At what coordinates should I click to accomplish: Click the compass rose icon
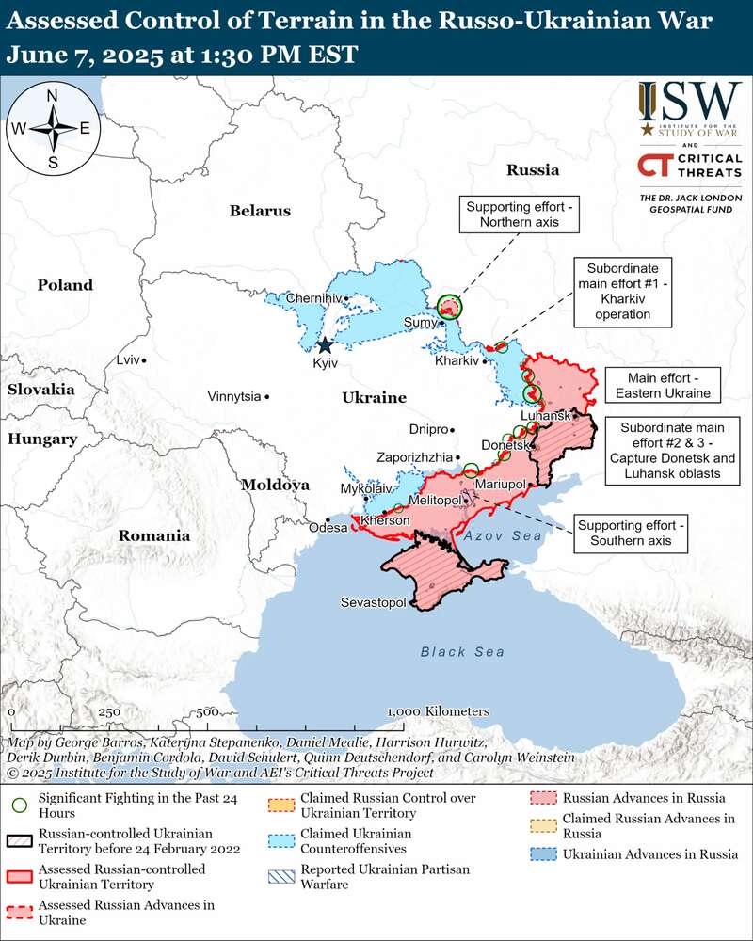point(54,128)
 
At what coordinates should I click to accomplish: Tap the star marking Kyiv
point(325,345)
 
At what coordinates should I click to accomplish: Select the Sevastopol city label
point(373,602)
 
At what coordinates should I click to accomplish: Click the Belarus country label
point(260,211)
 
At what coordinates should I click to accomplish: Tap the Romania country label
point(153,535)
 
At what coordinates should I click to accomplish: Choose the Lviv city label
point(127,360)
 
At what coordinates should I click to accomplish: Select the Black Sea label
point(461,652)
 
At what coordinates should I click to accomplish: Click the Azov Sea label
point(503,535)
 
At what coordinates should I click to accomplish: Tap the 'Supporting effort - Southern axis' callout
point(632,534)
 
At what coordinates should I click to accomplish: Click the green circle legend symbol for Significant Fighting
point(17,805)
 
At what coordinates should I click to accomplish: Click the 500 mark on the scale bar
point(209,711)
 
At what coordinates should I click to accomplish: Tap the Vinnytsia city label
point(234,397)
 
